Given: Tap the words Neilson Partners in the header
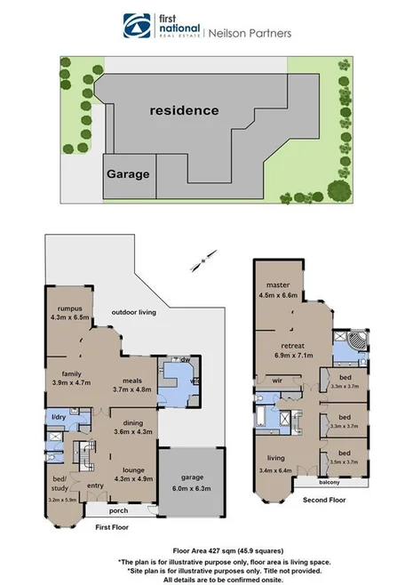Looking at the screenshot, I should [250, 33].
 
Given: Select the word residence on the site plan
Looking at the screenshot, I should [184, 111].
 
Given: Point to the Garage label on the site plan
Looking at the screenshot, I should [129, 174].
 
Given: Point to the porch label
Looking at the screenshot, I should [118, 510].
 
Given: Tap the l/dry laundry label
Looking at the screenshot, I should [59, 417].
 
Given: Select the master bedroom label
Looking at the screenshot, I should [278, 285].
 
